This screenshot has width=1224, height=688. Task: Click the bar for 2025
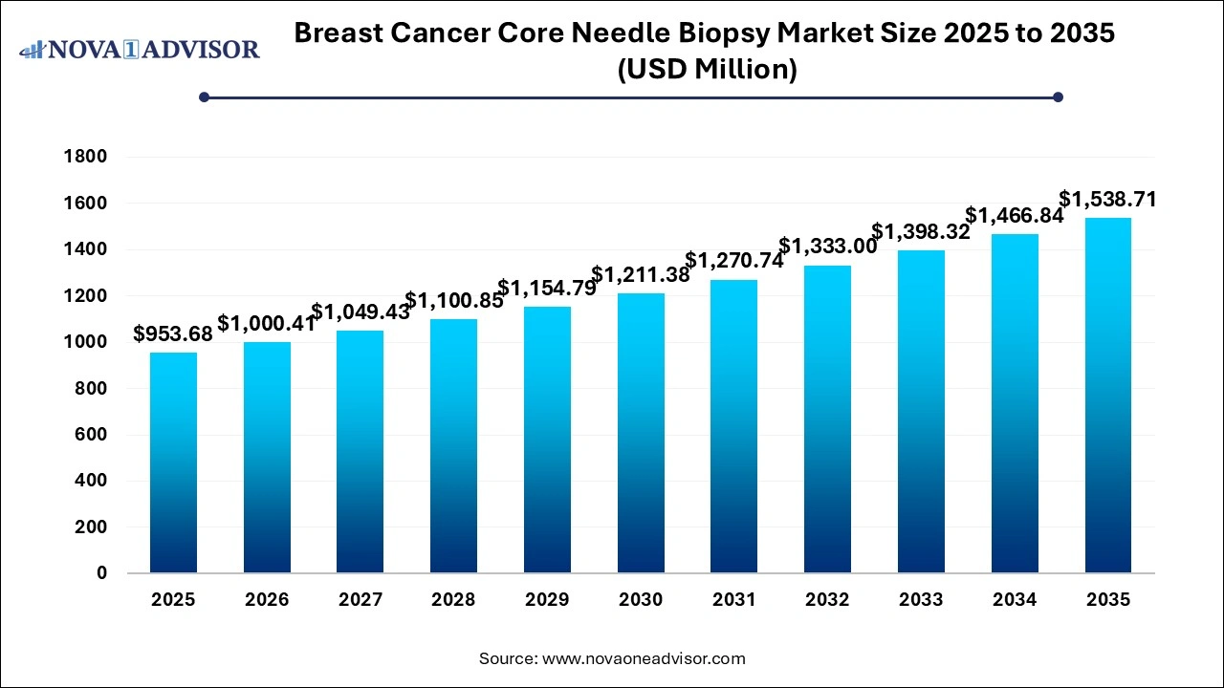click(173, 462)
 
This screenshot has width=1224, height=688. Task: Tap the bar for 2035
click(1108, 396)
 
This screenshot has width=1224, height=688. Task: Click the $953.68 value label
click(173, 333)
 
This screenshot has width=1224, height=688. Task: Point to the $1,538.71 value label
click(1108, 200)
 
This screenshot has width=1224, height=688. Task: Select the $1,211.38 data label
click(641, 275)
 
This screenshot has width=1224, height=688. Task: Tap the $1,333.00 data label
click(827, 247)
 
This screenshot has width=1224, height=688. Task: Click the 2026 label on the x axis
click(267, 600)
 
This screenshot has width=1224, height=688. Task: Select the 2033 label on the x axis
click(921, 600)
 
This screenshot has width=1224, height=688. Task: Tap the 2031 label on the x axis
click(734, 600)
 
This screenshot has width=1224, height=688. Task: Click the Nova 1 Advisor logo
click(140, 49)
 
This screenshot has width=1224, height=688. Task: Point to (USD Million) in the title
click(704, 69)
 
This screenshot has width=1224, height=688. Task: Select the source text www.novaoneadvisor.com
click(644, 658)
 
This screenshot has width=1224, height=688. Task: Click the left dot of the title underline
click(204, 97)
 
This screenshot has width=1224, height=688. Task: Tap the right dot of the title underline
click(1058, 97)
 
